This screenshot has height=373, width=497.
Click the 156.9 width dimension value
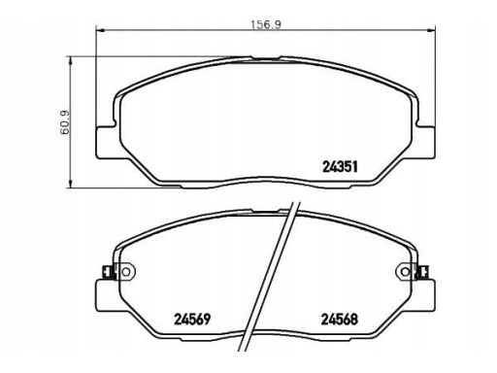(x=267, y=25)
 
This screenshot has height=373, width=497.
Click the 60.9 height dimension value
(x=65, y=122)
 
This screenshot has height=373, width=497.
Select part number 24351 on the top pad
(x=340, y=167)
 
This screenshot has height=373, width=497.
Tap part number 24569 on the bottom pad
(x=192, y=320)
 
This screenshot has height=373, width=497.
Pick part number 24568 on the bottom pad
(x=340, y=320)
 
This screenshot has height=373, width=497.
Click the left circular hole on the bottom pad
(x=125, y=272)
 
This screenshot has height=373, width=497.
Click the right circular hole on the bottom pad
(x=405, y=272)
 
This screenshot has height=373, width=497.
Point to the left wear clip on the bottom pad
(x=107, y=272)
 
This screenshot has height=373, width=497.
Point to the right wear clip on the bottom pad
(x=423, y=272)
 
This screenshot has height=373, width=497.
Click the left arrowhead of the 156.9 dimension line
(x=100, y=31)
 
